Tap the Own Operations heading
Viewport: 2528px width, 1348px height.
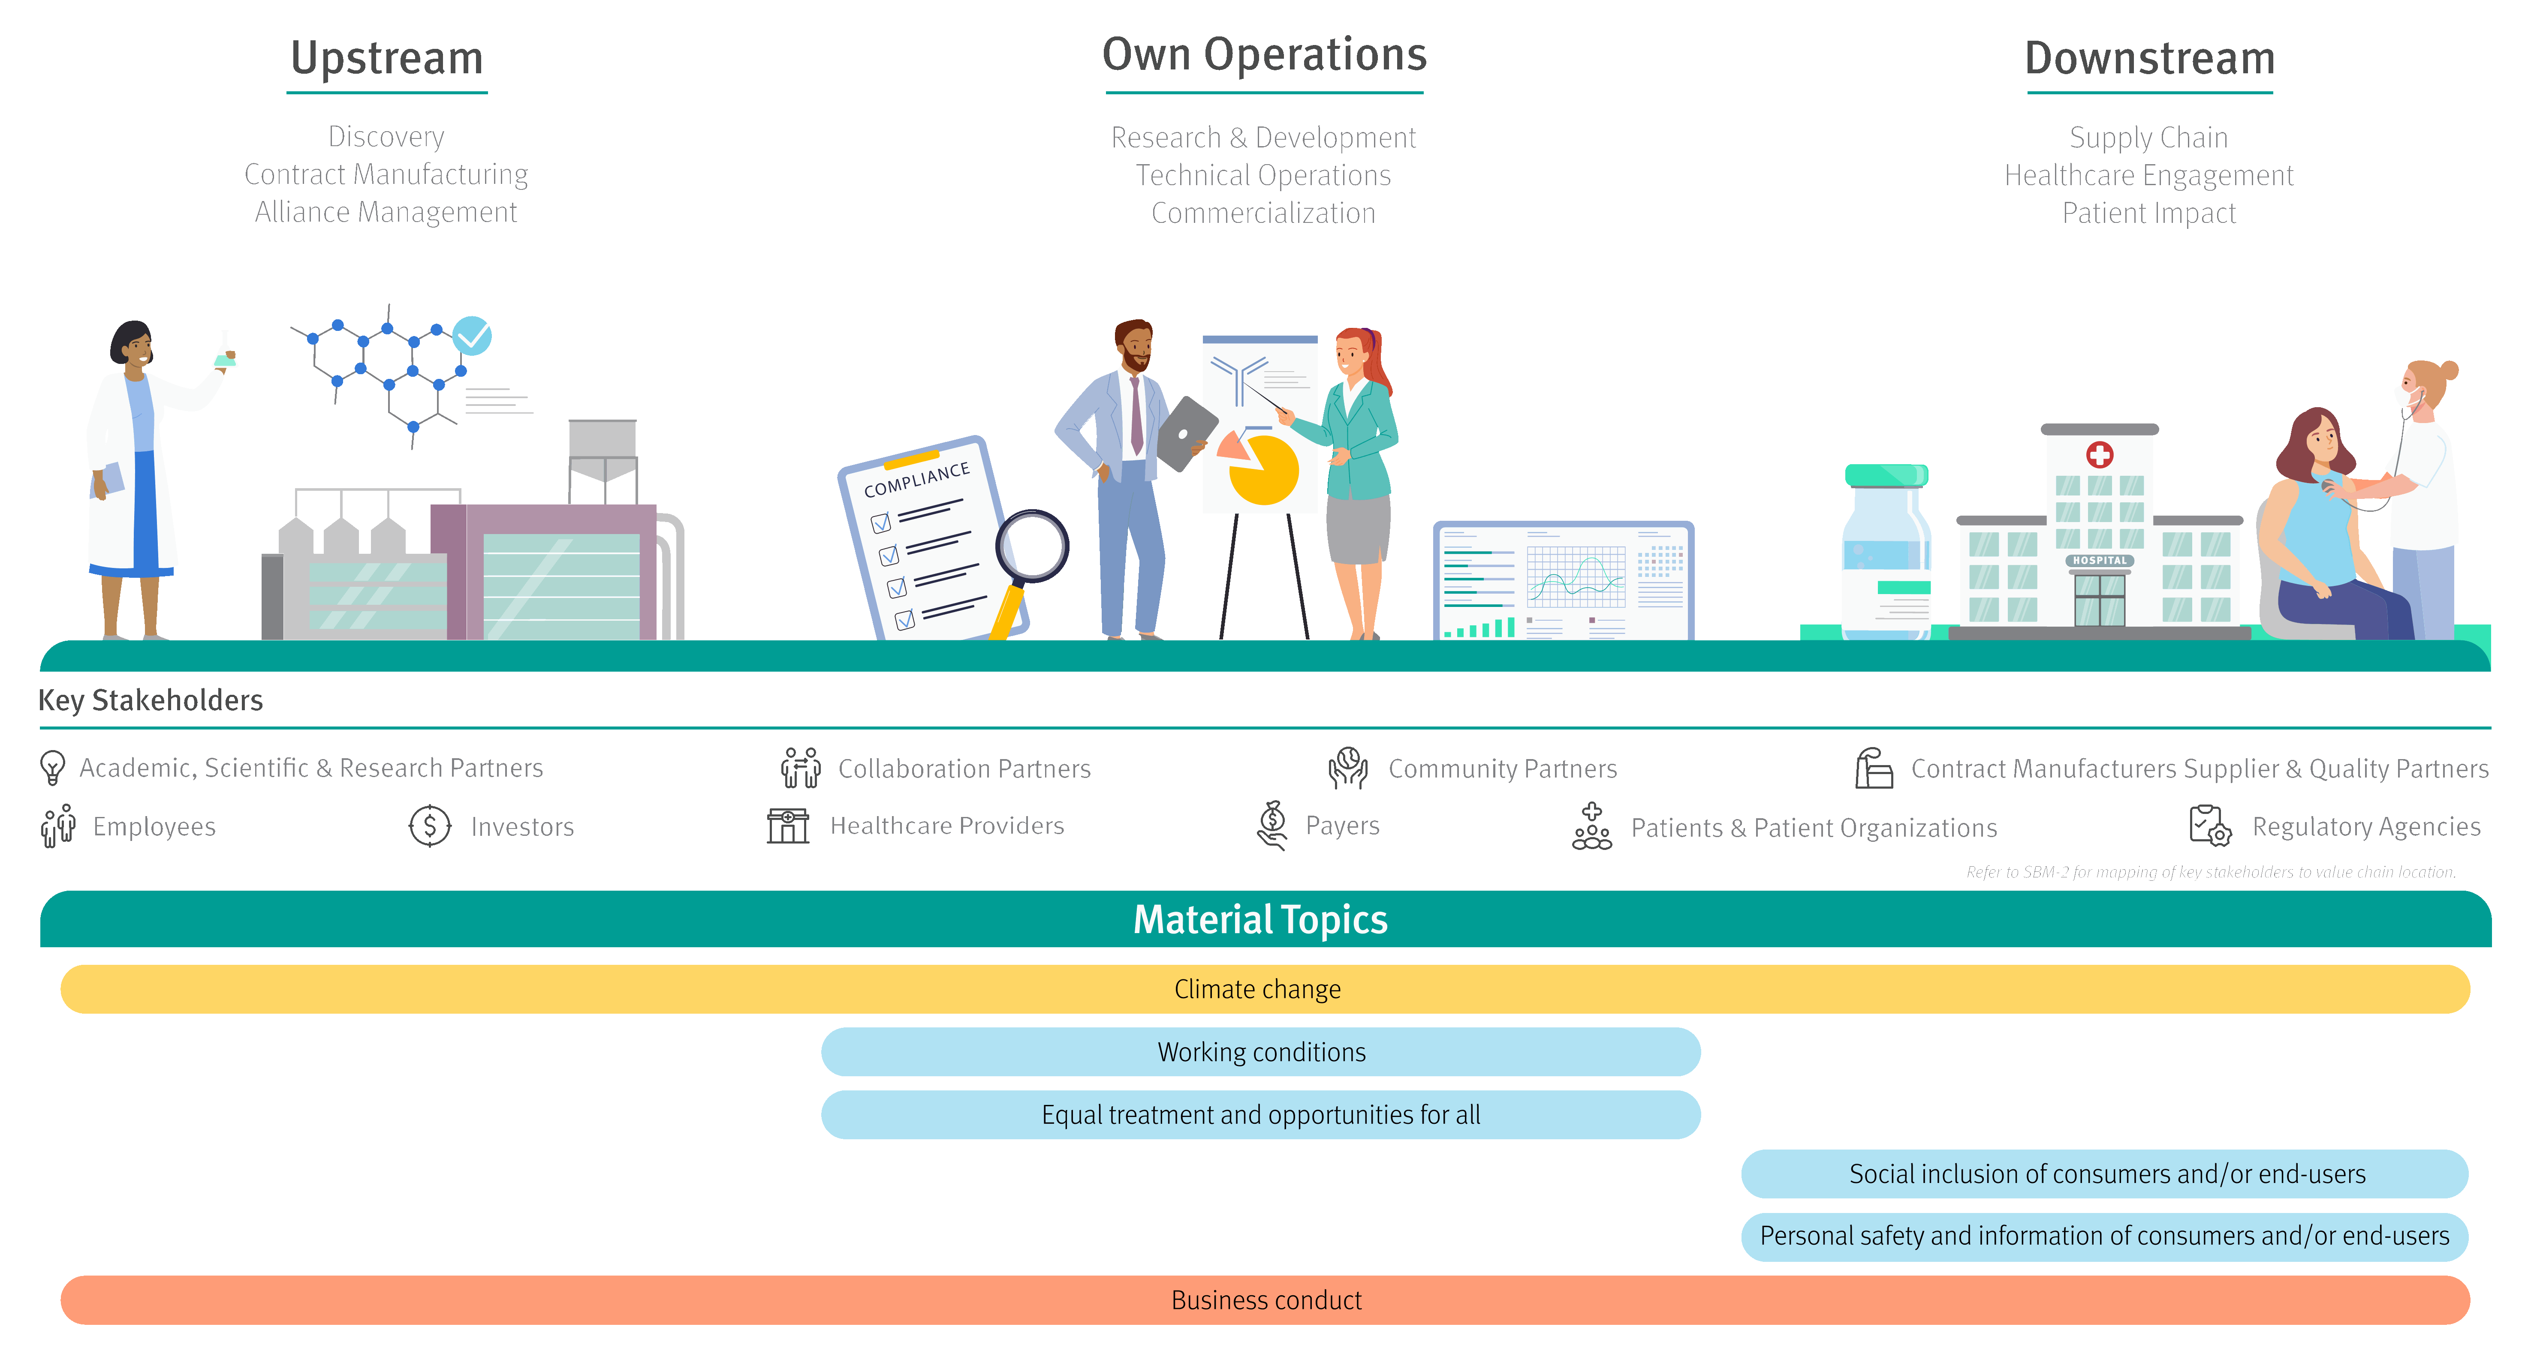[x=1264, y=55]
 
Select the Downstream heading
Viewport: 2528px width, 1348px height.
[x=2149, y=59]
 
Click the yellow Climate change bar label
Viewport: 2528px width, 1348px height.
[x=1257, y=989]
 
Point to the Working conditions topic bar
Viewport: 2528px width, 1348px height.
[x=1261, y=1052]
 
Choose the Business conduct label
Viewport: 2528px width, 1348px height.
[x=1266, y=1300]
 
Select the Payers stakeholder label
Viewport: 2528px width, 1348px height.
[x=1341, y=826]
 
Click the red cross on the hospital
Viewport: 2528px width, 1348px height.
[x=2099, y=454]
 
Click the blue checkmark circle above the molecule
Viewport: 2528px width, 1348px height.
[x=472, y=336]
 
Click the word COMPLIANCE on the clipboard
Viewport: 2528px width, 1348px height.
[x=916, y=480]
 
